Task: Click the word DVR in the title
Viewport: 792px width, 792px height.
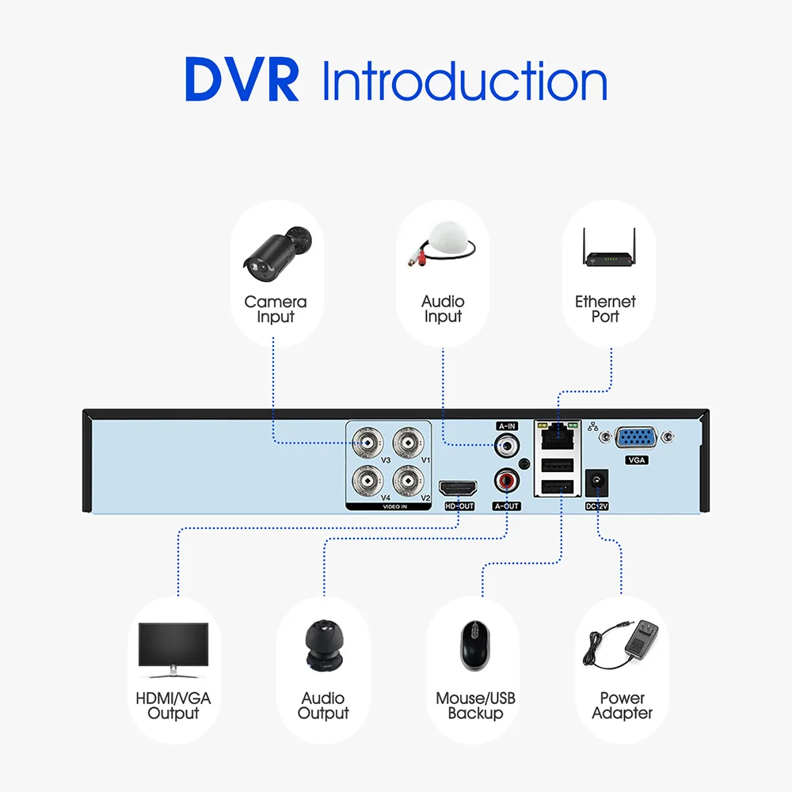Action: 242,79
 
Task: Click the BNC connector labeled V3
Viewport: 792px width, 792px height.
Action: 367,443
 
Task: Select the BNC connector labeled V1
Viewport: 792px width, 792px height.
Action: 408,443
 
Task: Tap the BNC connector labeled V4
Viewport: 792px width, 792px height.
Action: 367,481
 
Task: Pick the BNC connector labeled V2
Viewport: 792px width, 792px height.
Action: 408,481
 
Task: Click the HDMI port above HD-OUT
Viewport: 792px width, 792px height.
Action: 458,489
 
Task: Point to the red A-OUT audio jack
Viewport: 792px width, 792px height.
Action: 507,481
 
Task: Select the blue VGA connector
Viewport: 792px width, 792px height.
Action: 637,437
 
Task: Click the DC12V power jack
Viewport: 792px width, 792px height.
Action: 596,482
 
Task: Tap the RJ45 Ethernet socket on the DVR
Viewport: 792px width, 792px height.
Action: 558,436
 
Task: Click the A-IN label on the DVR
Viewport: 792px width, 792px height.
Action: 507,426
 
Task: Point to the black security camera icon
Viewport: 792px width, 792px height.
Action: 277,254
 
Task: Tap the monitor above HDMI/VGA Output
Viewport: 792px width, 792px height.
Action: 173,650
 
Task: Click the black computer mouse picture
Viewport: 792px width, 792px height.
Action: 474,645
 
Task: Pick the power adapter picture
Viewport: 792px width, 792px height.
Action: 621,645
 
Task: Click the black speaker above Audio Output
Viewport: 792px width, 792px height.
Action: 324,645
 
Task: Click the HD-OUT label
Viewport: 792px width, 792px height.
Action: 459,506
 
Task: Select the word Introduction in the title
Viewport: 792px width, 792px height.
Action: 464,81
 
